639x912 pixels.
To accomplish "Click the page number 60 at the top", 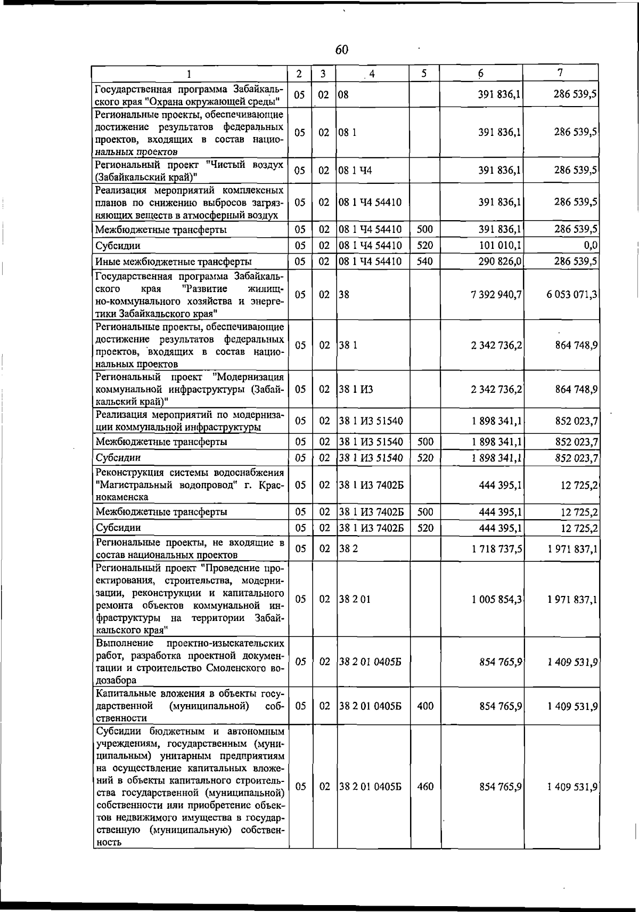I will (x=342, y=50).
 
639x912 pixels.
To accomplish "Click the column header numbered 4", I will (x=372, y=74).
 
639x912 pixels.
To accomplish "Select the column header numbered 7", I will (x=561, y=72).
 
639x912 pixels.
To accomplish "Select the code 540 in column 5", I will (x=425, y=262).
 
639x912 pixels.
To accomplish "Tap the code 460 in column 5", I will (x=425, y=786).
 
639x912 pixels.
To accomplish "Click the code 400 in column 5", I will (x=425, y=706).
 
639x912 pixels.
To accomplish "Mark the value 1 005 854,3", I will (x=496, y=599).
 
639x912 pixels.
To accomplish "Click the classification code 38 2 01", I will (x=355, y=599).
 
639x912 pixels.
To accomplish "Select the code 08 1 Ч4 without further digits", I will (x=355, y=171).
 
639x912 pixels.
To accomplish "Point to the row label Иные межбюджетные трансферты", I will (x=173, y=262).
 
